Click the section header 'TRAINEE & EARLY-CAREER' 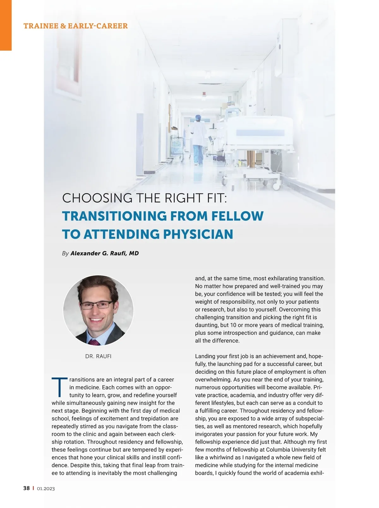pyautogui.click(x=75, y=26)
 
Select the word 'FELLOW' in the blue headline pyautogui.click(x=237, y=216)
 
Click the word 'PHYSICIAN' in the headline pyautogui.click(x=198, y=234)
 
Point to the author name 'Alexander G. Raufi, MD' pyautogui.click(x=105, y=253)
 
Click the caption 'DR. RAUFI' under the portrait pyautogui.click(x=98, y=356)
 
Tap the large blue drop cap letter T pyautogui.click(x=59, y=387)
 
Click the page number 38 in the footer pyautogui.click(x=27, y=488)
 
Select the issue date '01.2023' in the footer pyautogui.click(x=46, y=489)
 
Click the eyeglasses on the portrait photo pyautogui.click(x=97, y=306)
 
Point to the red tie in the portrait pyautogui.click(x=94, y=342)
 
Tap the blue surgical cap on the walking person pyautogui.click(x=198, y=118)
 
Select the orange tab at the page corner pyautogui.click(x=6, y=25)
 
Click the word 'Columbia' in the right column pyautogui.click(x=276, y=450)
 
